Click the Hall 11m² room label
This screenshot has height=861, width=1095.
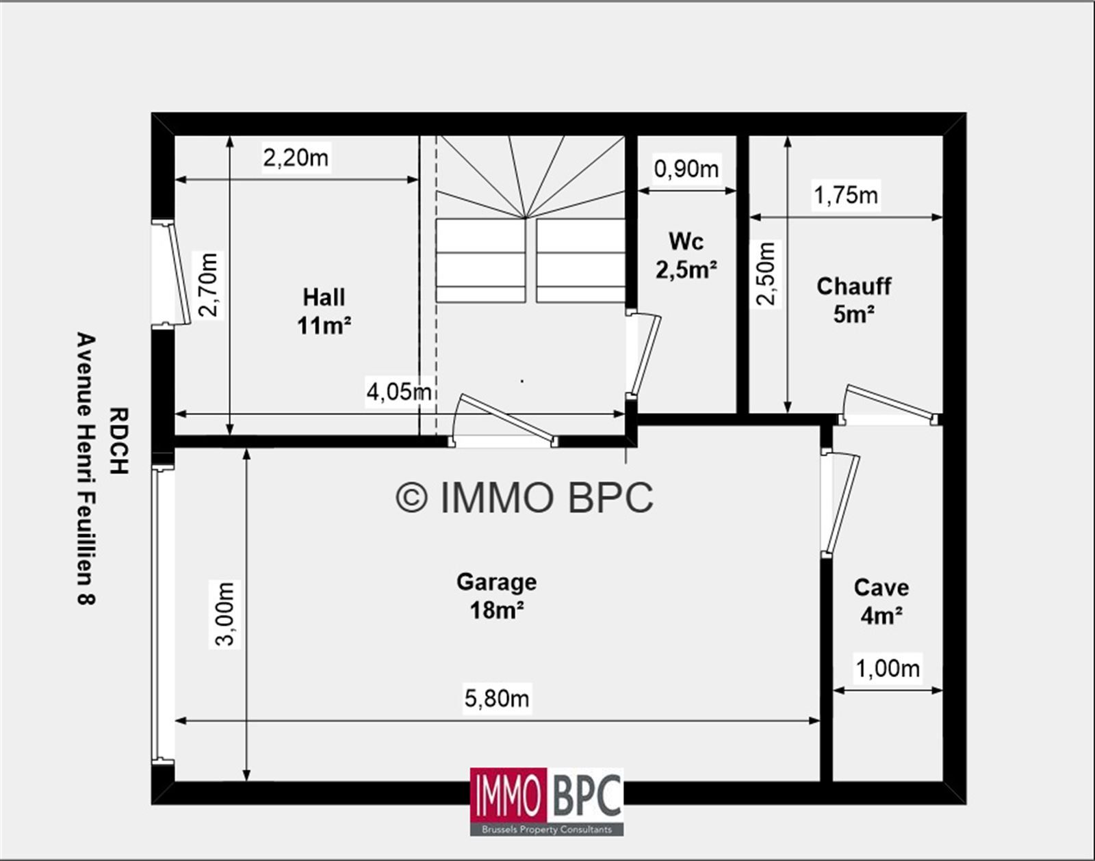pyautogui.click(x=324, y=311)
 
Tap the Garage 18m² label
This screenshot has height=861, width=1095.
pyautogui.click(x=497, y=596)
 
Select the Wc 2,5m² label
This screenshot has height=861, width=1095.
pyautogui.click(x=686, y=255)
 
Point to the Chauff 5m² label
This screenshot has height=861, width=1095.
pyautogui.click(x=854, y=300)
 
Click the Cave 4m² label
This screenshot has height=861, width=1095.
pyautogui.click(x=881, y=602)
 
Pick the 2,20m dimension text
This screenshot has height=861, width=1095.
pyautogui.click(x=296, y=158)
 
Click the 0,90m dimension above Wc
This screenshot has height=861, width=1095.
pyautogui.click(x=686, y=169)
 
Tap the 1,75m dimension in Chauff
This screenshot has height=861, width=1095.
pyautogui.click(x=846, y=195)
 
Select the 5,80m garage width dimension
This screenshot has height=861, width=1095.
pyautogui.click(x=497, y=698)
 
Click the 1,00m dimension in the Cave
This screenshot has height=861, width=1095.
pyautogui.click(x=888, y=668)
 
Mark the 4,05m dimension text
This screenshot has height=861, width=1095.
pyautogui.click(x=400, y=392)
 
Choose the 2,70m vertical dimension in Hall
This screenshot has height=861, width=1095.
pyautogui.click(x=209, y=284)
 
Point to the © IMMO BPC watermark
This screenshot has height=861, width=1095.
pyautogui.click(x=525, y=497)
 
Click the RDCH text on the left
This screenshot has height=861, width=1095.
pyautogui.click(x=119, y=441)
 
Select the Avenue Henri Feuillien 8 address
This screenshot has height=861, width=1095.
pyautogui.click(x=86, y=469)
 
